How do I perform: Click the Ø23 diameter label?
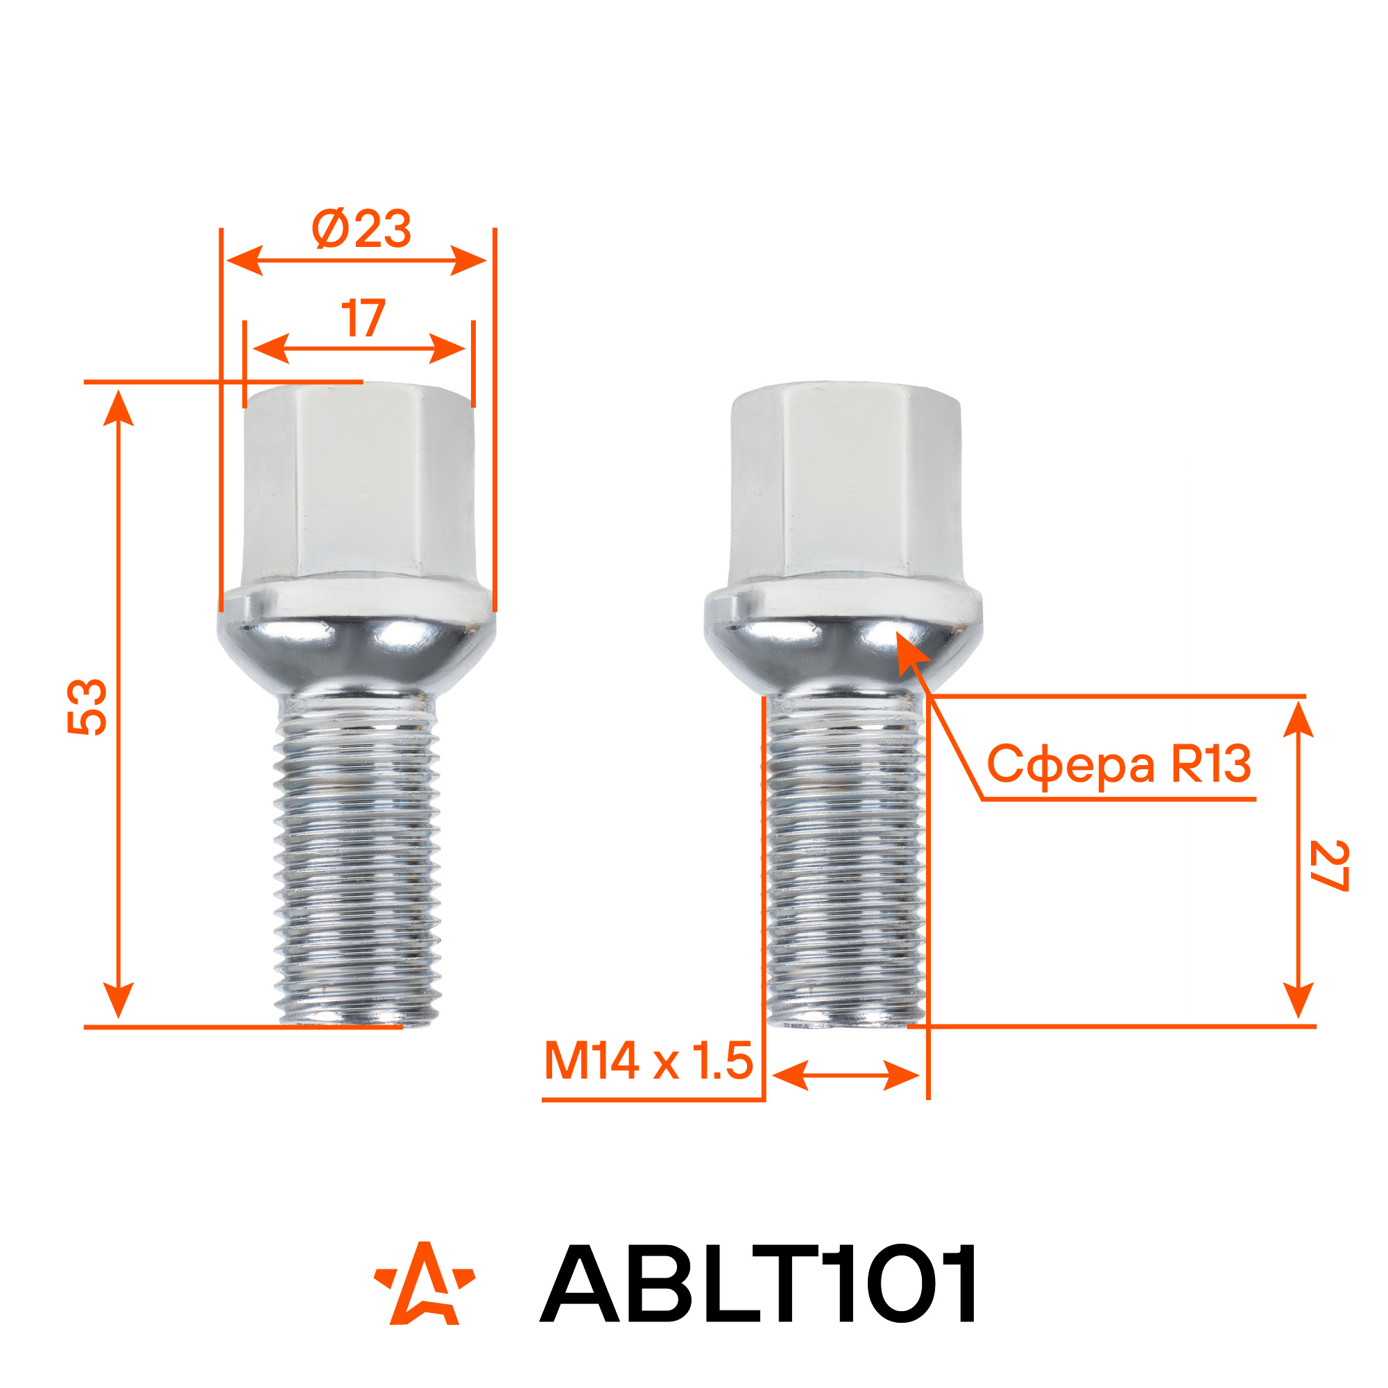pyautogui.click(x=361, y=229)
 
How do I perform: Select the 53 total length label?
pyautogui.click(x=87, y=707)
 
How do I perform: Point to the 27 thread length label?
pyautogui.click(x=1328, y=866)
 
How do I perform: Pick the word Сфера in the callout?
pyautogui.click(x=1070, y=766)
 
